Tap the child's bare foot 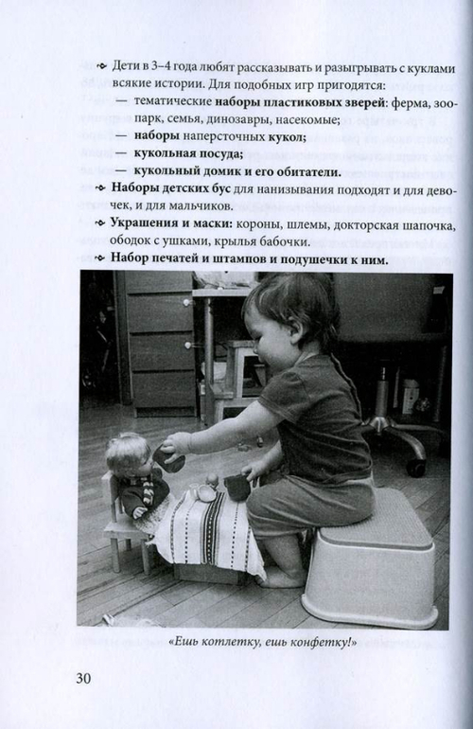tap(283, 578)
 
